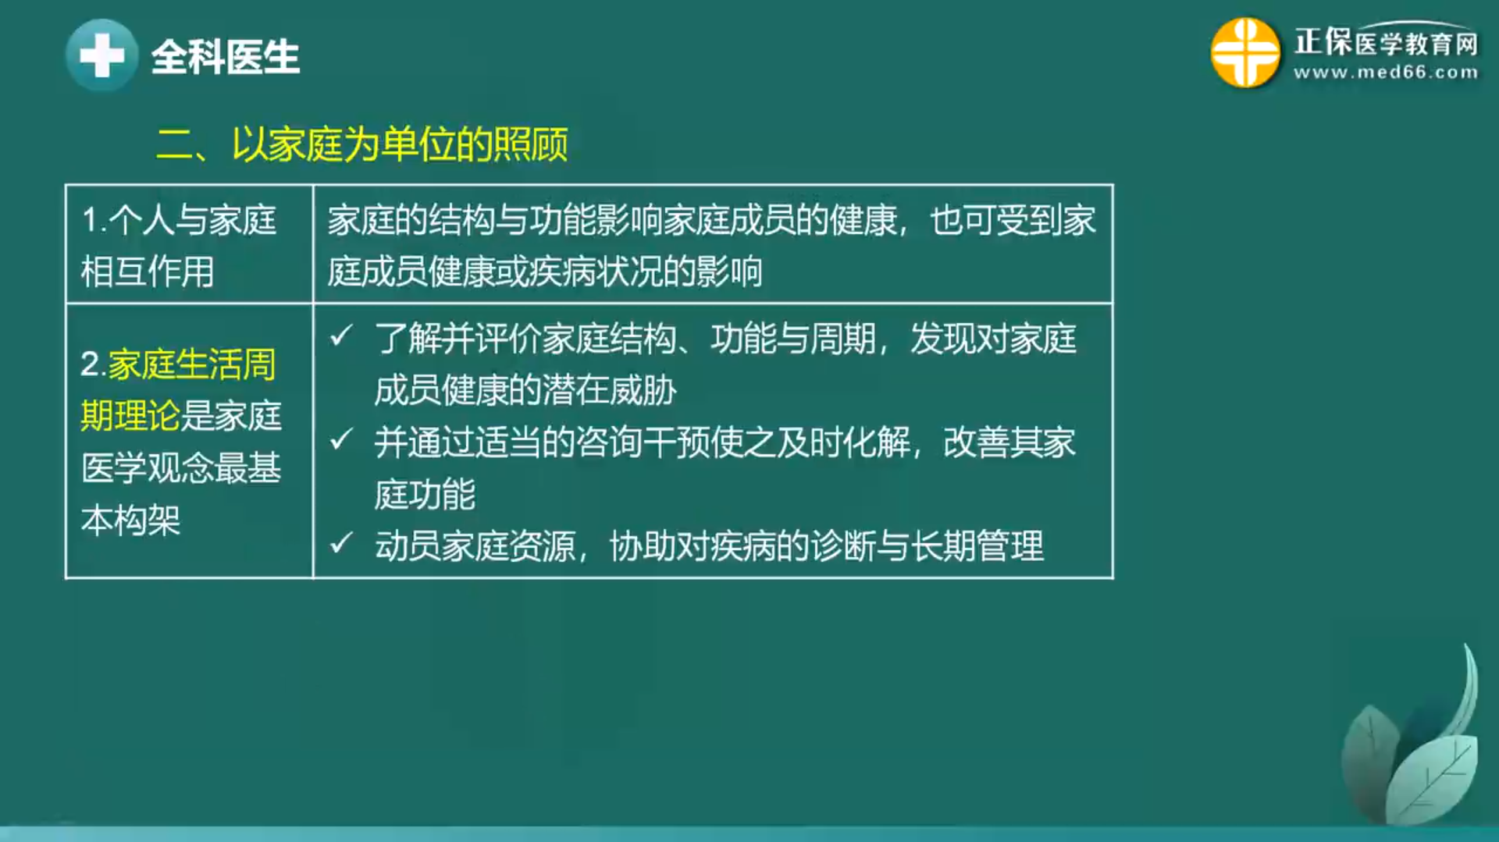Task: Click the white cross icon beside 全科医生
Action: point(102,55)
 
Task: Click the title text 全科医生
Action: point(226,57)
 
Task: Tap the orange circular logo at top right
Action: point(1245,52)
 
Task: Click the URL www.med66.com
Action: point(1386,73)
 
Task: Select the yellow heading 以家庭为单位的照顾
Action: point(400,144)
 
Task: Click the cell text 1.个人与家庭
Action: point(179,220)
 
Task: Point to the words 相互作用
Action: point(148,272)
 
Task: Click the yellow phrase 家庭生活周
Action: point(192,364)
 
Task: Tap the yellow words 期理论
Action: point(130,416)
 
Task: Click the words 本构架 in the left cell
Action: point(131,520)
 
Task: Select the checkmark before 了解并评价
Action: point(341,336)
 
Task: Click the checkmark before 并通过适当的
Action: point(341,439)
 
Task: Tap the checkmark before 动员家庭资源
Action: point(341,542)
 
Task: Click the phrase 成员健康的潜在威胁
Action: point(525,390)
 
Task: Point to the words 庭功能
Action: point(425,494)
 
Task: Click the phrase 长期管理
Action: point(977,545)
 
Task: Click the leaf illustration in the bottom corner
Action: point(1411,737)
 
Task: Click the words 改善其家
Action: point(1009,442)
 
